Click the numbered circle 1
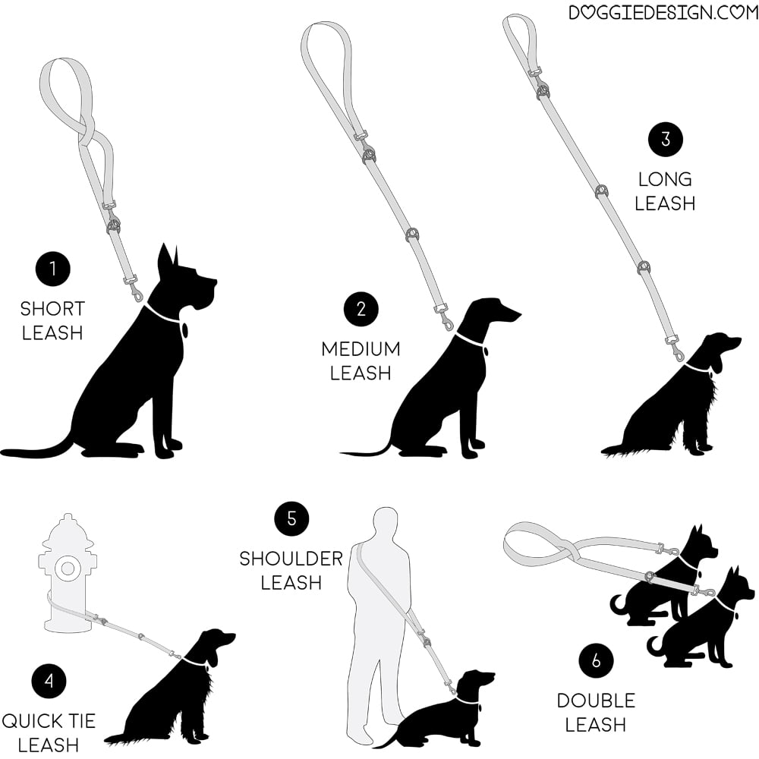(x=53, y=269)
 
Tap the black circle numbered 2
(x=361, y=310)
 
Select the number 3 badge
(x=666, y=140)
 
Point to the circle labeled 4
(x=49, y=681)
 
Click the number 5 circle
(x=291, y=519)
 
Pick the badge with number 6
(x=596, y=661)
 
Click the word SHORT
(x=53, y=309)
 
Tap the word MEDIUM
(x=361, y=349)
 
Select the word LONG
(x=665, y=180)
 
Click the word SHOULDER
(x=291, y=559)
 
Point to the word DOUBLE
(x=596, y=701)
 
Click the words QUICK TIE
(x=49, y=721)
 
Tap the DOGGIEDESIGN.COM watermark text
(x=663, y=12)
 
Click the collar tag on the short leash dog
(x=184, y=330)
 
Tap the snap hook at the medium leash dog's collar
(x=446, y=320)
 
